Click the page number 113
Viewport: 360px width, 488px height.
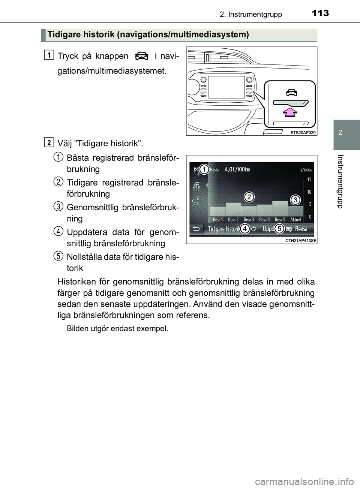[319, 13]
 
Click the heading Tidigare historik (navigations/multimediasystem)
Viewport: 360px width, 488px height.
[148, 35]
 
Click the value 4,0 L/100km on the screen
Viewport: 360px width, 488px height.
[237, 169]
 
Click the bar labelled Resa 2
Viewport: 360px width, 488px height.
[233, 209]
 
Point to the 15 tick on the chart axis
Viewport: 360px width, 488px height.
[309, 180]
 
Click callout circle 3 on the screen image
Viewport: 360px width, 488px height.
[295, 200]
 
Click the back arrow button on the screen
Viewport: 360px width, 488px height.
[195, 229]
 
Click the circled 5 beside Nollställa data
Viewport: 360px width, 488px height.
[58, 256]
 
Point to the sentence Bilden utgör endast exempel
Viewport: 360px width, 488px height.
[117, 329]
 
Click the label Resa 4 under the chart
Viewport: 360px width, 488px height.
[264, 220]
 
